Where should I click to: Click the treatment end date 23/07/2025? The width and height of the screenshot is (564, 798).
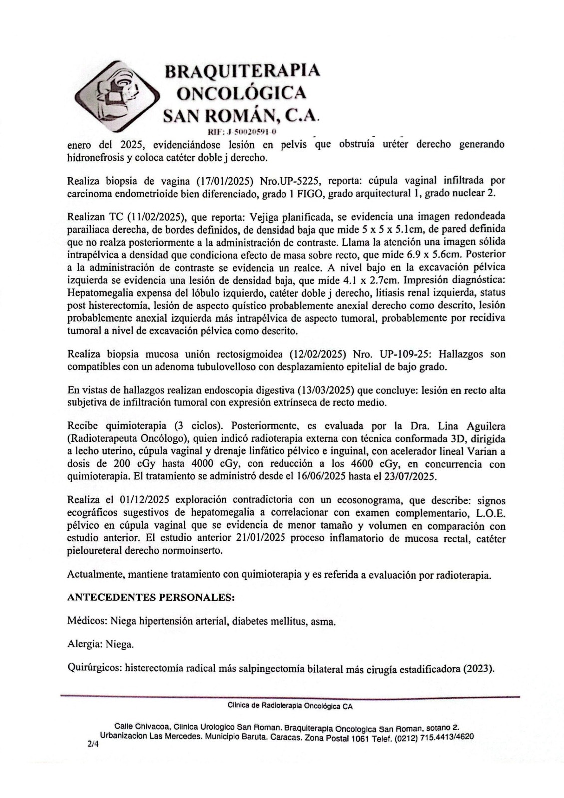coord(410,477)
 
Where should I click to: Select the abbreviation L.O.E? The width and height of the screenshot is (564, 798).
coord(487,513)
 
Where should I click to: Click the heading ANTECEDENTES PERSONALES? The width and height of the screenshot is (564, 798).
coord(151,597)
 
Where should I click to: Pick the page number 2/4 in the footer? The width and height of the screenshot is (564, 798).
coord(93,744)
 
